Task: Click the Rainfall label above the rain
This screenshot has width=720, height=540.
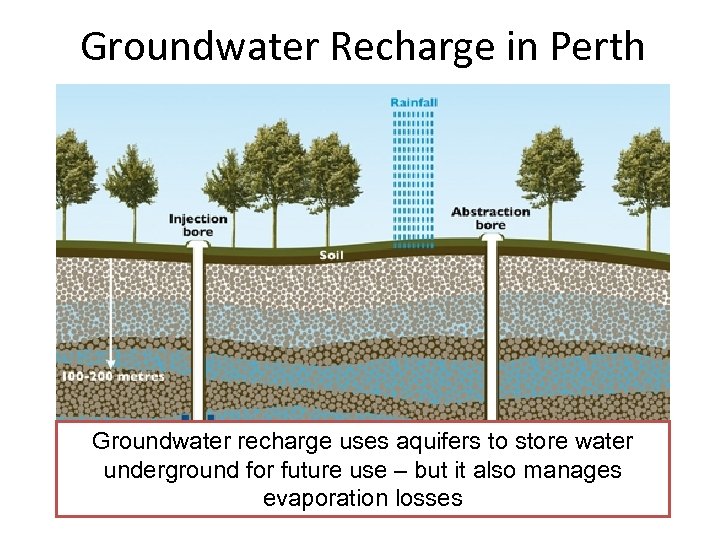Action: [x=413, y=102]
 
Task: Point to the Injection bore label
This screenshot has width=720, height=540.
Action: [x=198, y=225]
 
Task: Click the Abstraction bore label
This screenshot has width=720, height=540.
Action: [x=490, y=218]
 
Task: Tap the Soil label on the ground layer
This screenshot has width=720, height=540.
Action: [x=331, y=255]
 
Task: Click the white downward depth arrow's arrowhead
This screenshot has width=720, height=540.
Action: [x=111, y=364]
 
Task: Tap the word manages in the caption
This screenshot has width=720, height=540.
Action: [x=583, y=469]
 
